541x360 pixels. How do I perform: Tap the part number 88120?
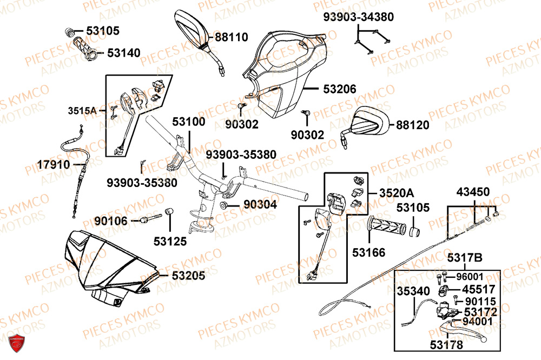[x=412, y=125]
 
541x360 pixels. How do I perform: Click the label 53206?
[x=340, y=89]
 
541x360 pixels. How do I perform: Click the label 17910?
[x=54, y=164]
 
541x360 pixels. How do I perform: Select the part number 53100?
[x=189, y=122]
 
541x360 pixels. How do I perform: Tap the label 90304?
[x=260, y=205]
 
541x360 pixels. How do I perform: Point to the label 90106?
[x=110, y=221]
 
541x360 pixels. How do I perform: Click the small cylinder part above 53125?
[x=168, y=211]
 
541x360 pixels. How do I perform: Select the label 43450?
[x=473, y=192]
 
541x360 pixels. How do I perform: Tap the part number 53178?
[x=433, y=344]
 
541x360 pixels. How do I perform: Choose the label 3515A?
[x=82, y=111]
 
